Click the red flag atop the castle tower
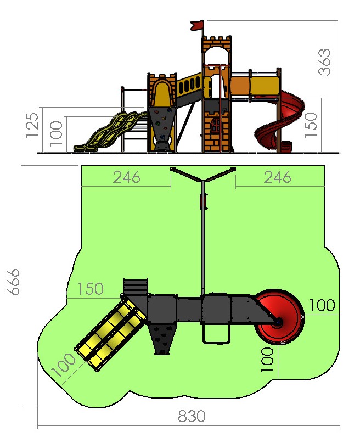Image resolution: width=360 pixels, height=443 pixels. (x=197, y=25)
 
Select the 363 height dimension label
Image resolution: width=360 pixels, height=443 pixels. (x=324, y=62)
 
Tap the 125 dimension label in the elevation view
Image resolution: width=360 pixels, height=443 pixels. (x=32, y=125)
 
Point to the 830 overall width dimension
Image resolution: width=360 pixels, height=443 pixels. (x=192, y=416)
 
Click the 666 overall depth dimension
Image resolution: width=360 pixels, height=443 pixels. (x=13, y=282)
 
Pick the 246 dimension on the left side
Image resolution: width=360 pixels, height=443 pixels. (x=127, y=177)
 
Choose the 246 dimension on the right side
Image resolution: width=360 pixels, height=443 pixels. (x=277, y=177)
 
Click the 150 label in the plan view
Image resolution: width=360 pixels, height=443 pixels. (x=91, y=288)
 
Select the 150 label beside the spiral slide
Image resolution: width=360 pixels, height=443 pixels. (x=311, y=125)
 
